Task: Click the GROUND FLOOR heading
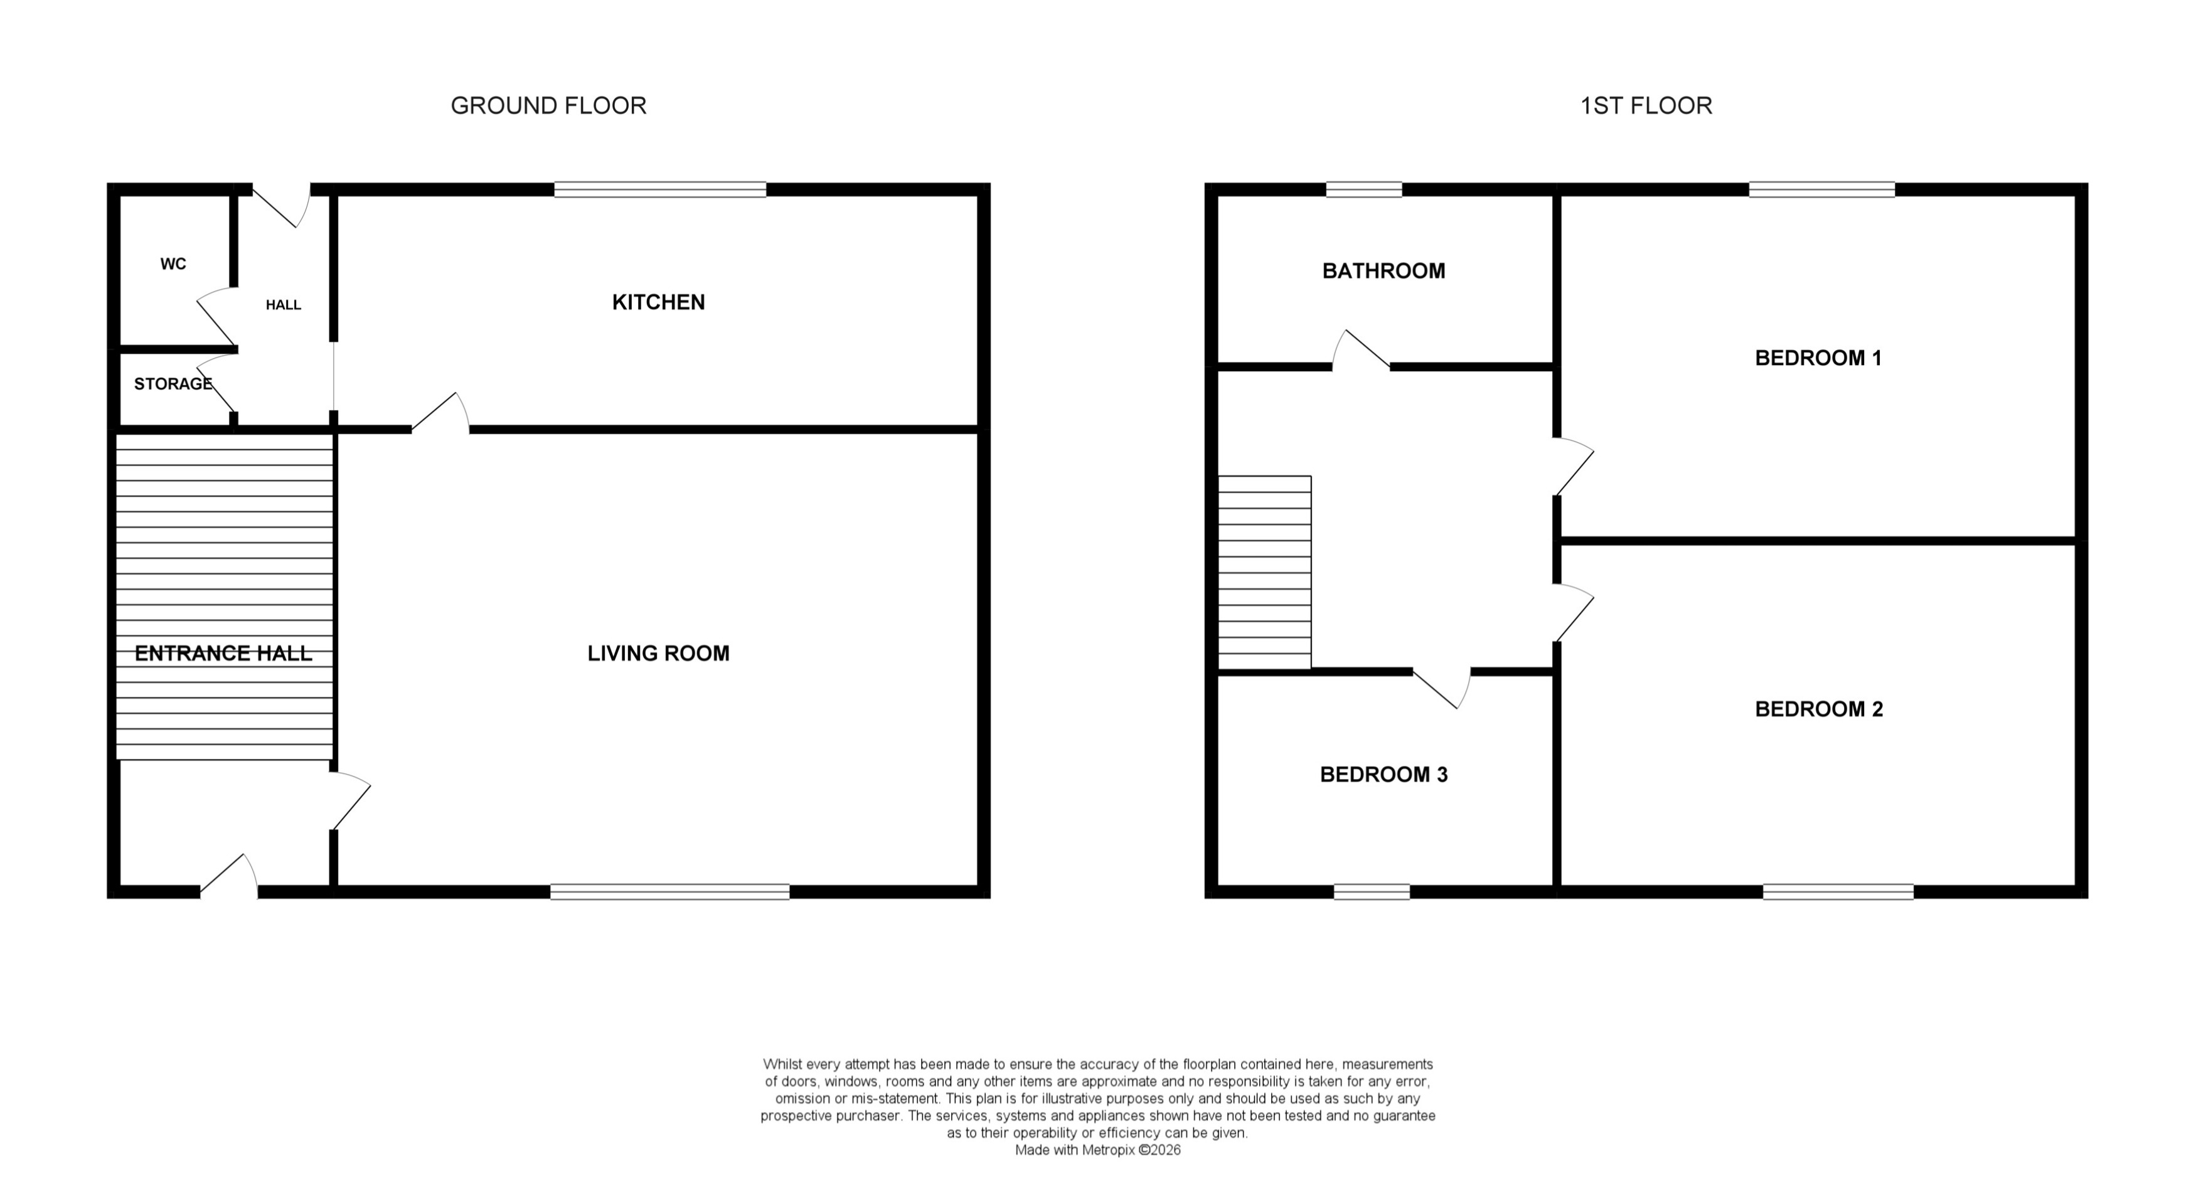pyautogui.click(x=548, y=105)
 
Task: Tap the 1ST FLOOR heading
pyautogui.click(x=1645, y=105)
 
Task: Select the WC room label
pyautogui.click(x=173, y=264)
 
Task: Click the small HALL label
pyautogui.click(x=283, y=305)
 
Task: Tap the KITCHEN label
pyautogui.click(x=658, y=302)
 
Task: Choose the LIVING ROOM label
pyautogui.click(x=658, y=654)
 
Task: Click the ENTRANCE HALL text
pyautogui.click(x=223, y=654)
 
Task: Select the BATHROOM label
pyautogui.click(x=1383, y=271)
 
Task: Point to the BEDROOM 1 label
pyautogui.click(x=1818, y=358)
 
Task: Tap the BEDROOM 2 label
pyautogui.click(x=1818, y=709)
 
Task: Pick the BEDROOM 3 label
pyautogui.click(x=1383, y=775)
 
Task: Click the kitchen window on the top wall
pyautogui.click(x=660, y=190)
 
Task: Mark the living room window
pyautogui.click(x=669, y=892)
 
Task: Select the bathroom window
pyautogui.click(x=1364, y=190)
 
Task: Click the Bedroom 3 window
pyautogui.click(x=1372, y=892)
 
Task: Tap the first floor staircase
pyautogui.click(x=1264, y=573)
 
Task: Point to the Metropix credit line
pyautogui.click(x=1097, y=1150)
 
